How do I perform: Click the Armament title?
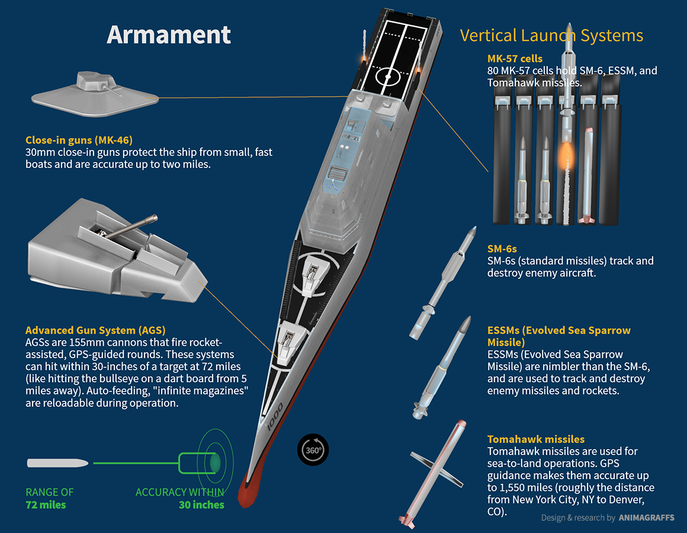(169, 34)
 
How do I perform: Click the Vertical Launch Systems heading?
(551, 36)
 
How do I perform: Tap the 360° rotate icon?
(313, 449)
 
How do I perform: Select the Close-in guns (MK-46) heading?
(79, 140)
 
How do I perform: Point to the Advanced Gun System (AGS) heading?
(95, 330)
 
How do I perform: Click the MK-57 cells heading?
(515, 59)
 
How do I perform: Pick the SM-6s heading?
(502, 249)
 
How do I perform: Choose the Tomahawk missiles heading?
(536, 439)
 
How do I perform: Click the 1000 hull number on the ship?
(275, 415)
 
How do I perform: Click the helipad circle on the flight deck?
(388, 76)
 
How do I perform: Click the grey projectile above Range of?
(57, 463)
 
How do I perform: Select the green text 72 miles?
(46, 505)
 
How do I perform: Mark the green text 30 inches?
(201, 505)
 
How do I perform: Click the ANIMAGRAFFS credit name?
(646, 518)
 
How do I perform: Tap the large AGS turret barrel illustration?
(131, 227)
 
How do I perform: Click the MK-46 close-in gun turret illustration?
(95, 94)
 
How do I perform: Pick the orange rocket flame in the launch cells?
(566, 156)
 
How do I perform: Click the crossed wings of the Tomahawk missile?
(436, 470)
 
